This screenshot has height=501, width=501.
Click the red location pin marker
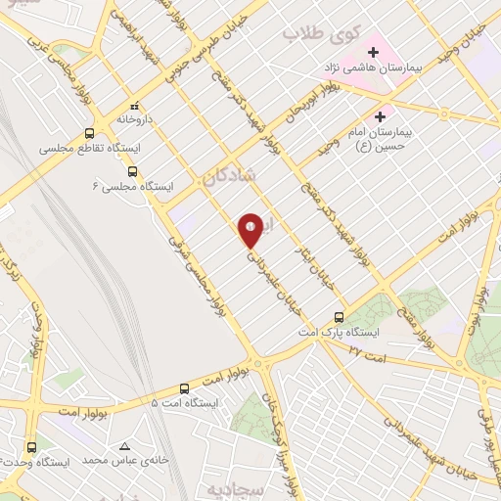point(251,231)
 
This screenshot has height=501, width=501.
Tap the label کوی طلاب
point(316,34)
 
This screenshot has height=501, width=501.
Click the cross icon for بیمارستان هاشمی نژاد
point(373,52)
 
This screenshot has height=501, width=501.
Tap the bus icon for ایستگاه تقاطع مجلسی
point(89,134)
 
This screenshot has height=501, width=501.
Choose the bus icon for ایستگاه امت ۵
point(184,387)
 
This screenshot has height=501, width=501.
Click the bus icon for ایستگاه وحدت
point(31,444)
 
